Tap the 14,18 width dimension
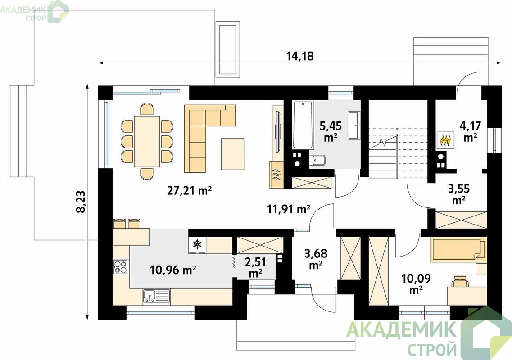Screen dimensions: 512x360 pyautogui.click(x=300, y=56)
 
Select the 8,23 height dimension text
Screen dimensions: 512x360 pyautogui.click(x=81, y=202)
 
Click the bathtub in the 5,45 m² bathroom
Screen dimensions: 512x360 pyautogui.click(x=304, y=125)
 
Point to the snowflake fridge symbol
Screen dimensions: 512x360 pyautogui.click(x=197, y=244)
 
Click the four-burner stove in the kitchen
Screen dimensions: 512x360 pyautogui.click(x=120, y=266)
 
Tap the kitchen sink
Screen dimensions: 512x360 pyautogui.click(x=156, y=297)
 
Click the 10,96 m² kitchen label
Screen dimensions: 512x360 pyautogui.click(x=173, y=270)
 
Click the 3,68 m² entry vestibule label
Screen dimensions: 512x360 pyautogui.click(x=316, y=259)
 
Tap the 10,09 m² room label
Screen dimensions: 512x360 pyautogui.click(x=416, y=284)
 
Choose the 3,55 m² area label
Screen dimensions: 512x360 pyautogui.click(x=458, y=194)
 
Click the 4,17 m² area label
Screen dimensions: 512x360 pyautogui.click(x=470, y=131)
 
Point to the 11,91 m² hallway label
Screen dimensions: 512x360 pyautogui.click(x=289, y=209)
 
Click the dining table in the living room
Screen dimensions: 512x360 pyautogui.click(x=147, y=141)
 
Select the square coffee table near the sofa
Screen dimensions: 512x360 pyautogui.click(x=232, y=154)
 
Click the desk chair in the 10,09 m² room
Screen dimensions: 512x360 pyautogui.click(x=460, y=281)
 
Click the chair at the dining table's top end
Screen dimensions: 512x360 pyautogui.click(x=147, y=109)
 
